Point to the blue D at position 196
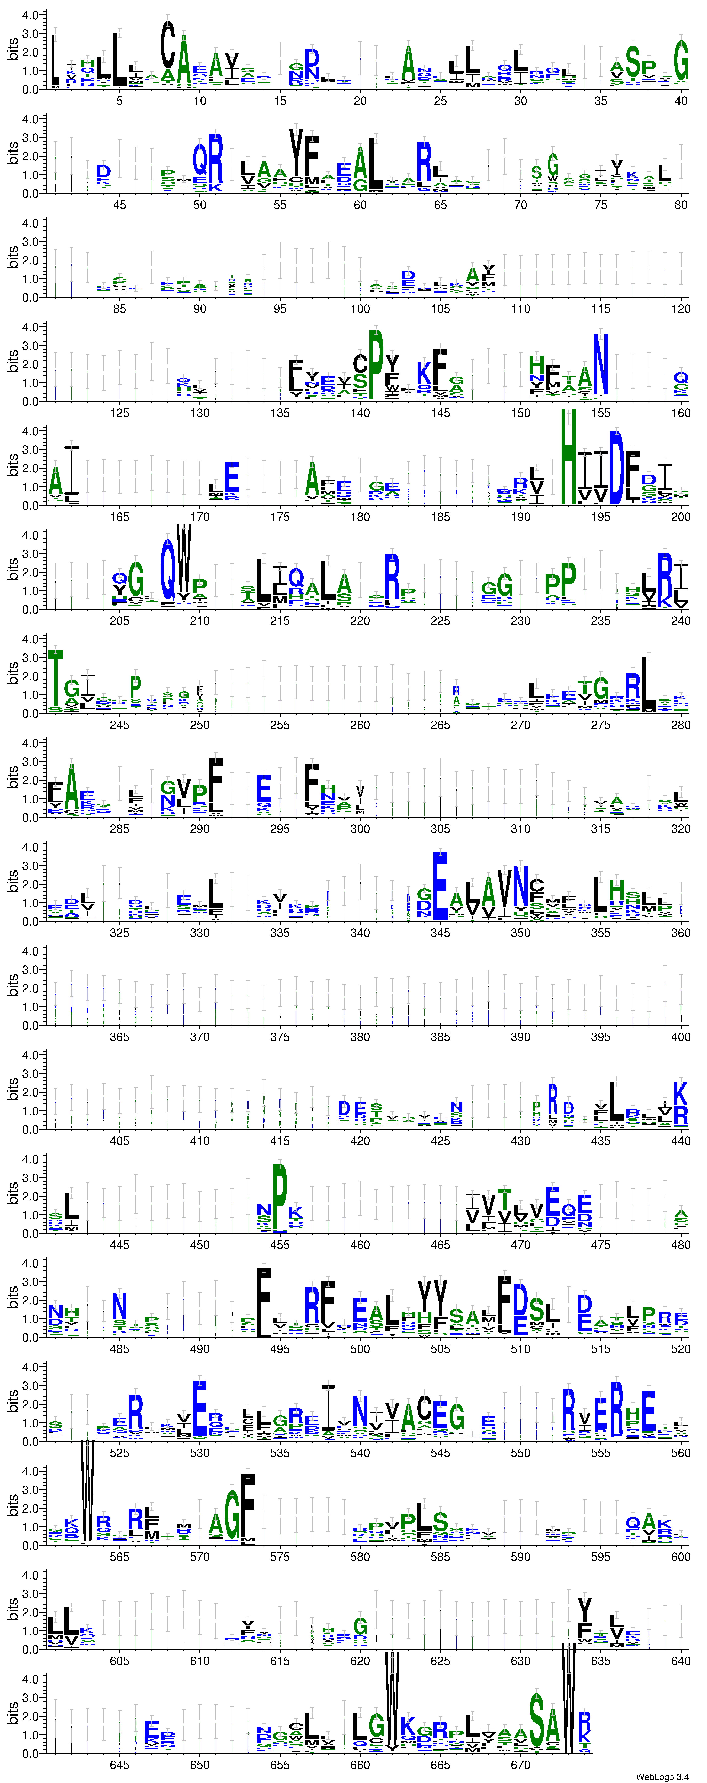pos(616,467)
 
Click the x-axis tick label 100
pos(360,309)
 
